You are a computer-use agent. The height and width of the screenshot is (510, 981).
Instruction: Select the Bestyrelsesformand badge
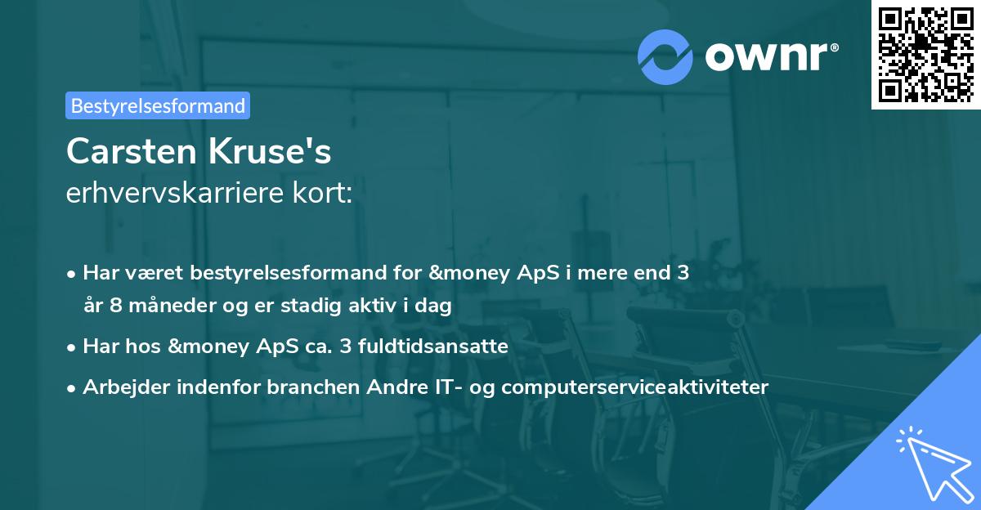pos(158,105)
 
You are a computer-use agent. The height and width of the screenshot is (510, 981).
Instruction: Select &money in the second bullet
pos(210,347)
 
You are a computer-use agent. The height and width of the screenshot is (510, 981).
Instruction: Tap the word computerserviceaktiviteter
pos(635,387)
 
